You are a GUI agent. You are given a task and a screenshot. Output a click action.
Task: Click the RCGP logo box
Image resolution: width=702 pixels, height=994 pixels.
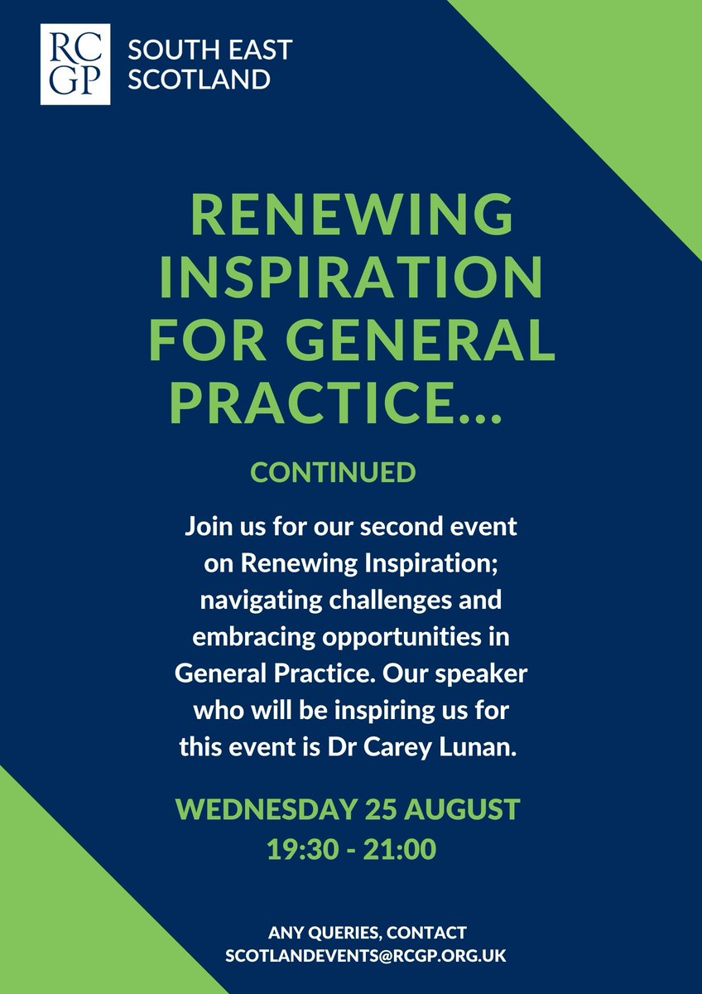click(x=75, y=64)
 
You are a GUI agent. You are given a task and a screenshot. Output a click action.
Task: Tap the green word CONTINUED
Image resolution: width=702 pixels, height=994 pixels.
click(x=333, y=473)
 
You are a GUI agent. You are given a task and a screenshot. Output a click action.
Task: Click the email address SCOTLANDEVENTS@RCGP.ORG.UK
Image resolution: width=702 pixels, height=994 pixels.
click(x=365, y=955)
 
